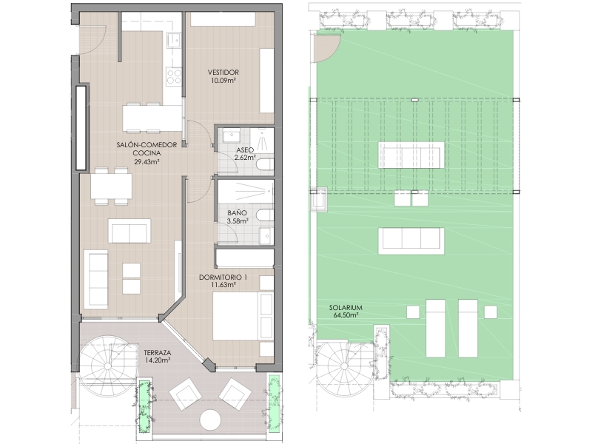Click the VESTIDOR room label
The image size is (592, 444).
pos(223,72)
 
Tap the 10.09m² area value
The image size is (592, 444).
pos(223,80)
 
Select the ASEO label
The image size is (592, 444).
pos(244,150)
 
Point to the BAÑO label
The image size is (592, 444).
pos(237,213)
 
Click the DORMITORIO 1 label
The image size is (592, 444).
pos(223,277)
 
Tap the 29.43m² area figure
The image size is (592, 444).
pos(147,161)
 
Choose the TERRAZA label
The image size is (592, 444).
pos(158,353)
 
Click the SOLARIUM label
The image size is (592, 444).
pos(346,308)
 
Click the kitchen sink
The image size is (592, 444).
pos(173,40)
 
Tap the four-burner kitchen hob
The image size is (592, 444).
pos(174,76)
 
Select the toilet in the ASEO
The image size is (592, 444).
pos(265,165)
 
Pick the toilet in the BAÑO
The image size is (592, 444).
pos(265,215)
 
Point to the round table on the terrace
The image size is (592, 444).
pos(210,420)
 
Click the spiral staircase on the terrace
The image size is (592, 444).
pos(107,366)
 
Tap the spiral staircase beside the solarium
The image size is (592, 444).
pos(344,366)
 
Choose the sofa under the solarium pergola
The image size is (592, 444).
pos(411,155)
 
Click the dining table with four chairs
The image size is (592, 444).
pos(111,186)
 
